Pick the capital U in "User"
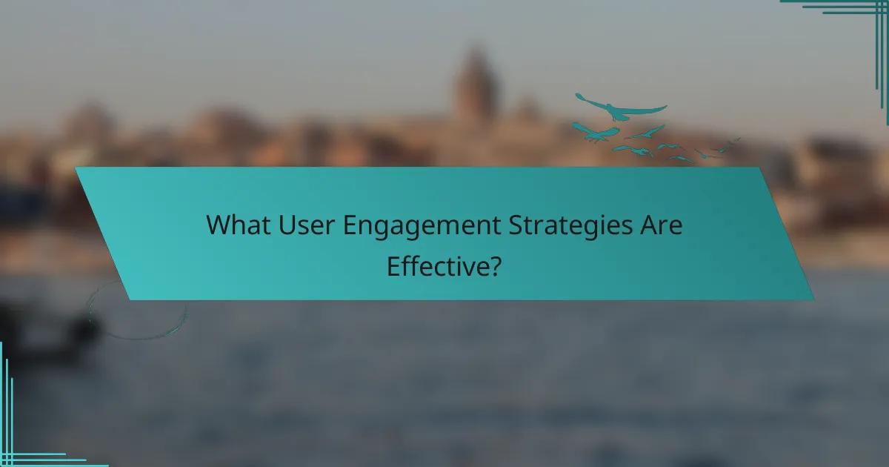(286, 225)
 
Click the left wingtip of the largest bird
(577, 95)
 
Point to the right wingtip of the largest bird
(665, 108)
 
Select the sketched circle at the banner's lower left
(137, 311)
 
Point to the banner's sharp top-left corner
(76, 168)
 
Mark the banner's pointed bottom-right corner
(812, 299)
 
